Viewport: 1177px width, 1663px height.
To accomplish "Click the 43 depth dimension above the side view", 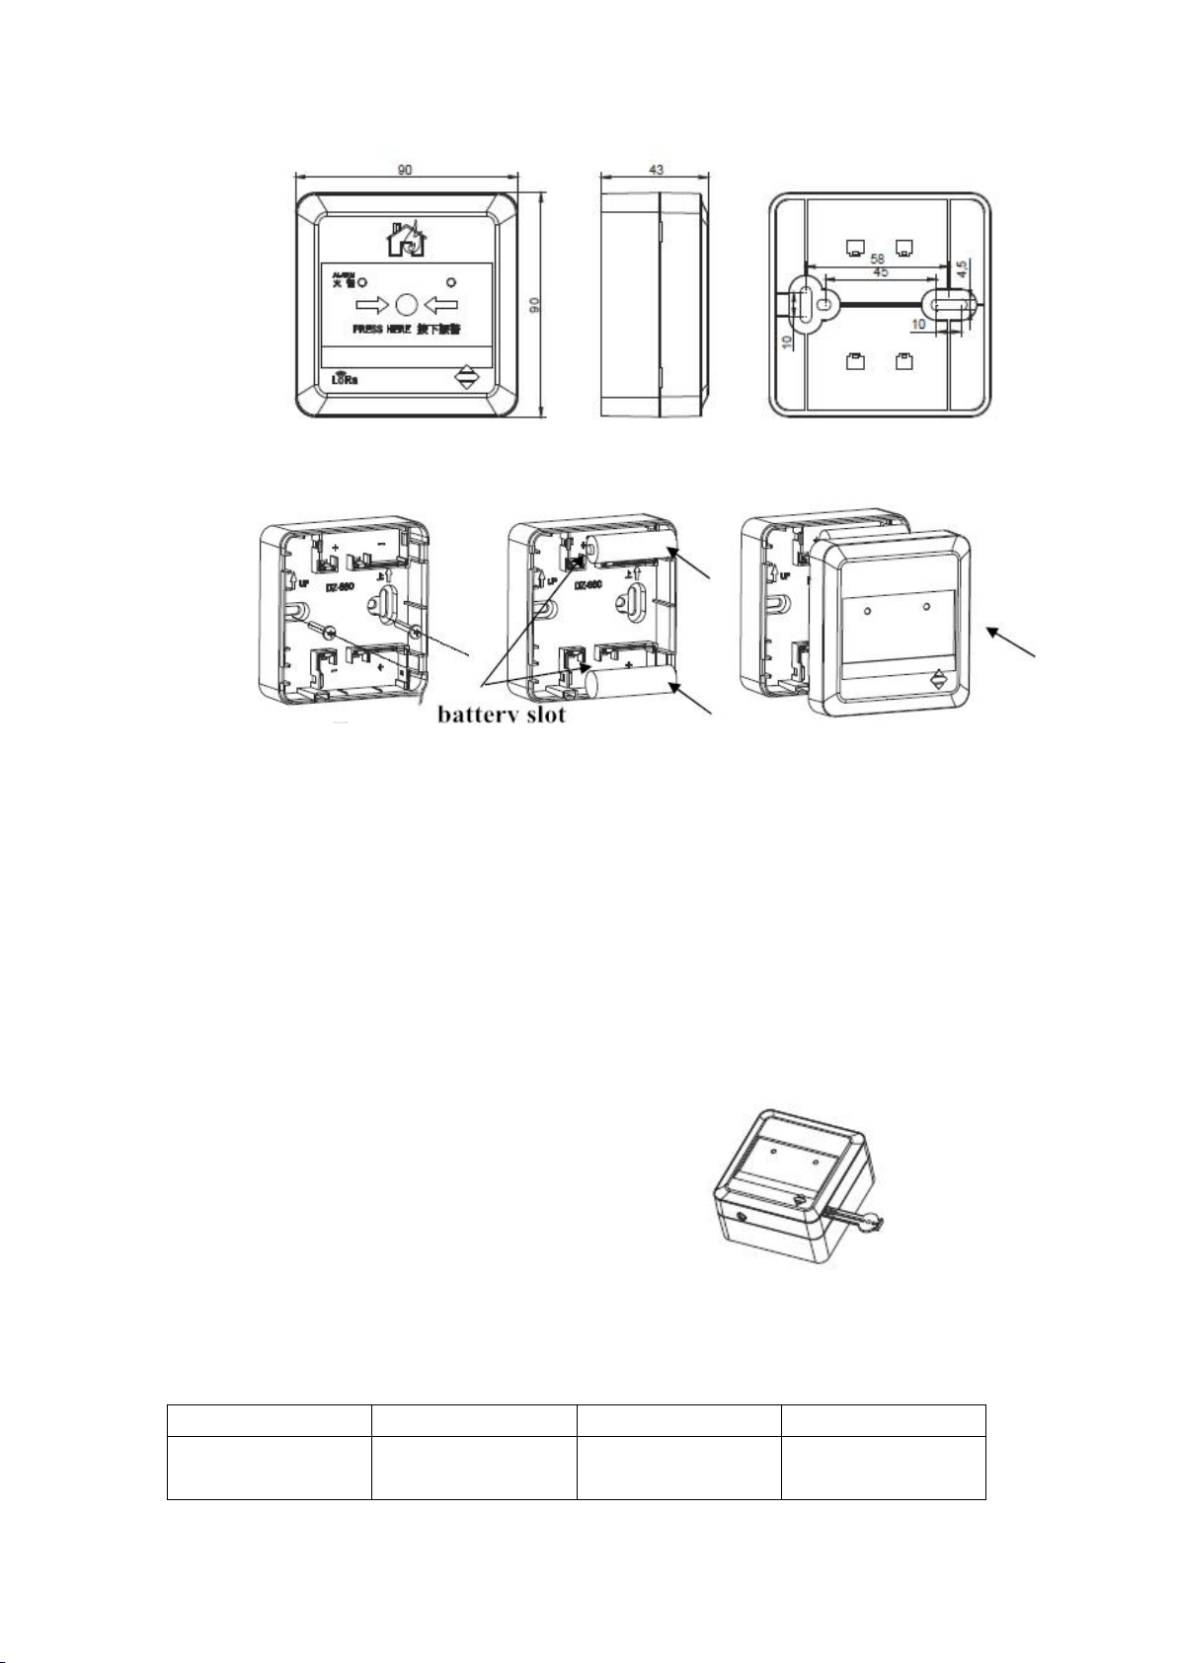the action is [x=655, y=170].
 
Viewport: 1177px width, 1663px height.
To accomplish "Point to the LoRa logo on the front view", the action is [x=344, y=377].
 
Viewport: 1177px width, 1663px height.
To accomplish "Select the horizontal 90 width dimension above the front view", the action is [x=405, y=170].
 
